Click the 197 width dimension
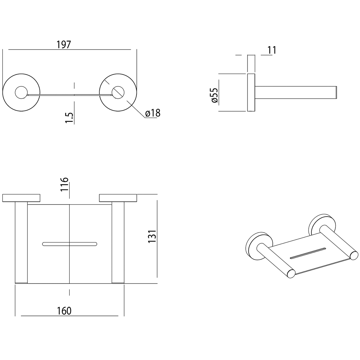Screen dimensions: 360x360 (x=64, y=45)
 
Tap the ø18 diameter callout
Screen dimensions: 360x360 (x=153, y=113)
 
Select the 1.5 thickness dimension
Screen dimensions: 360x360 (x=69, y=118)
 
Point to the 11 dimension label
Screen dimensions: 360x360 (x=272, y=50)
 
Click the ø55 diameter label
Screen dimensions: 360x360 (x=215, y=95)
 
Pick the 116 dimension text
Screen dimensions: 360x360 (x=64, y=184)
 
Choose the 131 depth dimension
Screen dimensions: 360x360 (x=152, y=236)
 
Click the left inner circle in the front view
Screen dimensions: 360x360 (x=21, y=92)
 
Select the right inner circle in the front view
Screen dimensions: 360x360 (x=118, y=92)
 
